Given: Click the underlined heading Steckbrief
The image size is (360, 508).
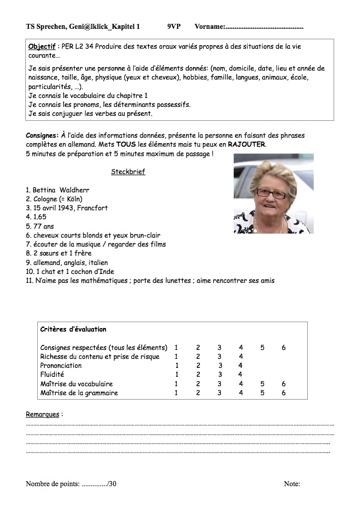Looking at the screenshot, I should [x=128, y=172].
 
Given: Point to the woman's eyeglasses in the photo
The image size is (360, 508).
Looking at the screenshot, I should [x=272, y=192].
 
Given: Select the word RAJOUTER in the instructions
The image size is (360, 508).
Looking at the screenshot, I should [x=247, y=144].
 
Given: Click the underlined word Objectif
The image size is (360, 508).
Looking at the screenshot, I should [x=42, y=46].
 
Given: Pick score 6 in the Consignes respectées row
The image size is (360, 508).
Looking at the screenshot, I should [x=283, y=347].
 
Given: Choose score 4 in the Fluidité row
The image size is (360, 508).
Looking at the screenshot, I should [x=241, y=374].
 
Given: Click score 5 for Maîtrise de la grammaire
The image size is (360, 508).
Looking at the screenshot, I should [x=262, y=393].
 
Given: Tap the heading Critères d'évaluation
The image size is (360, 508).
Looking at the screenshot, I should [x=73, y=329].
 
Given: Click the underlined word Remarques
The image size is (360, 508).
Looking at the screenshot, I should [x=43, y=414].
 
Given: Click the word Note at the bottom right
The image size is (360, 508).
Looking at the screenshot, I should [x=292, y=484].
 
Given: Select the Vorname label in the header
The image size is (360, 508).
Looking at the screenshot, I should [x=210, y=26].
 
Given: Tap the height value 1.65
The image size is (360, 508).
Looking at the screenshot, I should [x=39, y=217].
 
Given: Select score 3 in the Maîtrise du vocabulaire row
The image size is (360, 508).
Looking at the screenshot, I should [x=219, y=384].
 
